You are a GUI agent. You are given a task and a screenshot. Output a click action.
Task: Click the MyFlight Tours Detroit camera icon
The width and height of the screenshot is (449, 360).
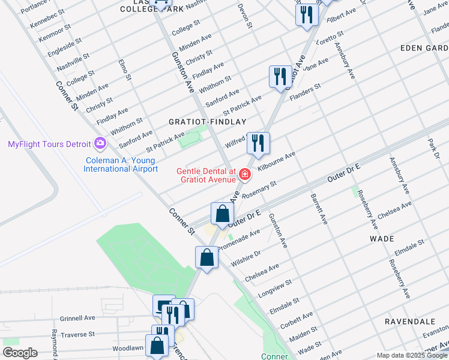point(100,144)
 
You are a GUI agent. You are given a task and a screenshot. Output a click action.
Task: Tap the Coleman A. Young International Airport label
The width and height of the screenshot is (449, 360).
point(120,165)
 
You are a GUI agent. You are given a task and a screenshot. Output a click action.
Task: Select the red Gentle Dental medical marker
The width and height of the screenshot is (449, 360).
point(244,175)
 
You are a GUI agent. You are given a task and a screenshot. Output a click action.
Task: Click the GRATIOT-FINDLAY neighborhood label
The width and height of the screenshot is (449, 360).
point(202,121)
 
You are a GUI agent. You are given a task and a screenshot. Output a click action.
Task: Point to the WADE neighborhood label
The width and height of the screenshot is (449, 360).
point(382,239)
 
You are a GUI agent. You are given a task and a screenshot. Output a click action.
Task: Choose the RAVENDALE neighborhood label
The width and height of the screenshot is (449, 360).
point(409,322)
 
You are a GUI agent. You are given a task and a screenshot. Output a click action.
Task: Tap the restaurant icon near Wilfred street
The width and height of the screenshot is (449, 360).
point(258,143)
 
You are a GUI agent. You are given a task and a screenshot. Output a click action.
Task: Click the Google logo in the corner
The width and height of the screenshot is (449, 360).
point(20,353)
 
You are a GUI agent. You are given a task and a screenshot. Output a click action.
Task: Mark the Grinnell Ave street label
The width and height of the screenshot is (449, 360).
point(77,318)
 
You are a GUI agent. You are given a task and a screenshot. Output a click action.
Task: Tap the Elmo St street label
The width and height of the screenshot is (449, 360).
point(125,70)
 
